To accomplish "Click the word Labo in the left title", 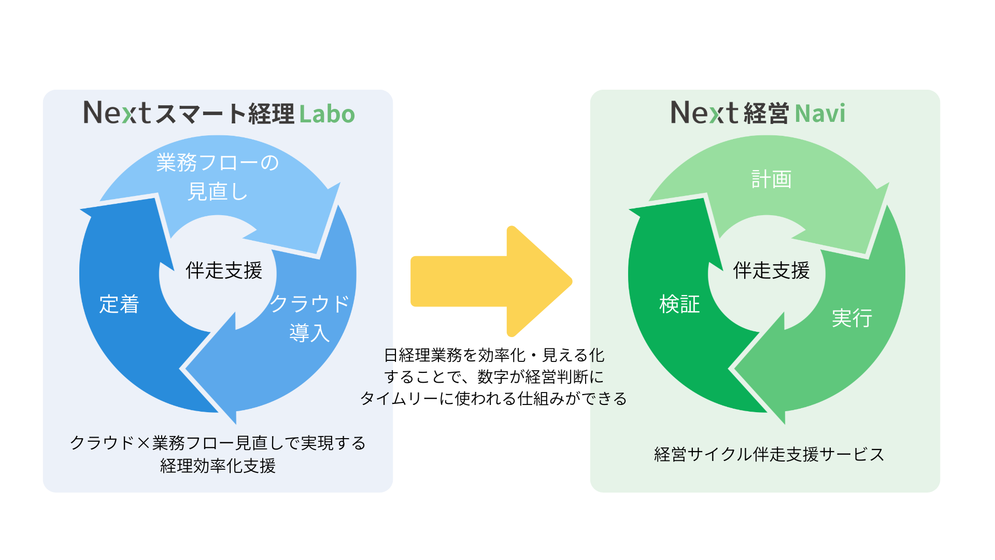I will pyautogui.click(x=327, y=114).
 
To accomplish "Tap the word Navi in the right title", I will pyautogui.click(x=820, y=114).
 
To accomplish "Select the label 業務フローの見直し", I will pyautogui.click(x=218, y=177).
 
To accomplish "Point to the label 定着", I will pyautogui.click(x=119, y=304).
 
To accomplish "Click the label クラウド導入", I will pyautogui.click(x=309, y=317).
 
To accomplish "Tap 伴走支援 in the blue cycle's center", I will pyautogui.click(x=224, y=270).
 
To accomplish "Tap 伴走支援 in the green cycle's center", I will pyautogui.click(x=771, y=270).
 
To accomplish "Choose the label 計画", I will pyautogui.click(x=771, y=179).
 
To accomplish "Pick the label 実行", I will pyautogui.click(x=852, y=318).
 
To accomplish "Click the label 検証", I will pyautogui.click(x=679, y=304).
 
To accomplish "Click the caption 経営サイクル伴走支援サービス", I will pyautogui.click(x=769, y=454).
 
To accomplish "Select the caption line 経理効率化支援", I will pyautogui.click(x=218, y=466).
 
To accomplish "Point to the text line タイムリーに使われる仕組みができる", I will pyautogui.click(x=493, y=398).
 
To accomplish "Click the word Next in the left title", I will pyautogui.click(x=117, y=113).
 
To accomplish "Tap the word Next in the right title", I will pyautogui.click(x=704, y=113).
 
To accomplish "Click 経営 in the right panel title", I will pyautogui.click(x=766, y=114).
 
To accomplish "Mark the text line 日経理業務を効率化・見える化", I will pyautogui.click(x=494, y=355).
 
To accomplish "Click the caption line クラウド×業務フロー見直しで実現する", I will pyautogui.click(x=218, y=443).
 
